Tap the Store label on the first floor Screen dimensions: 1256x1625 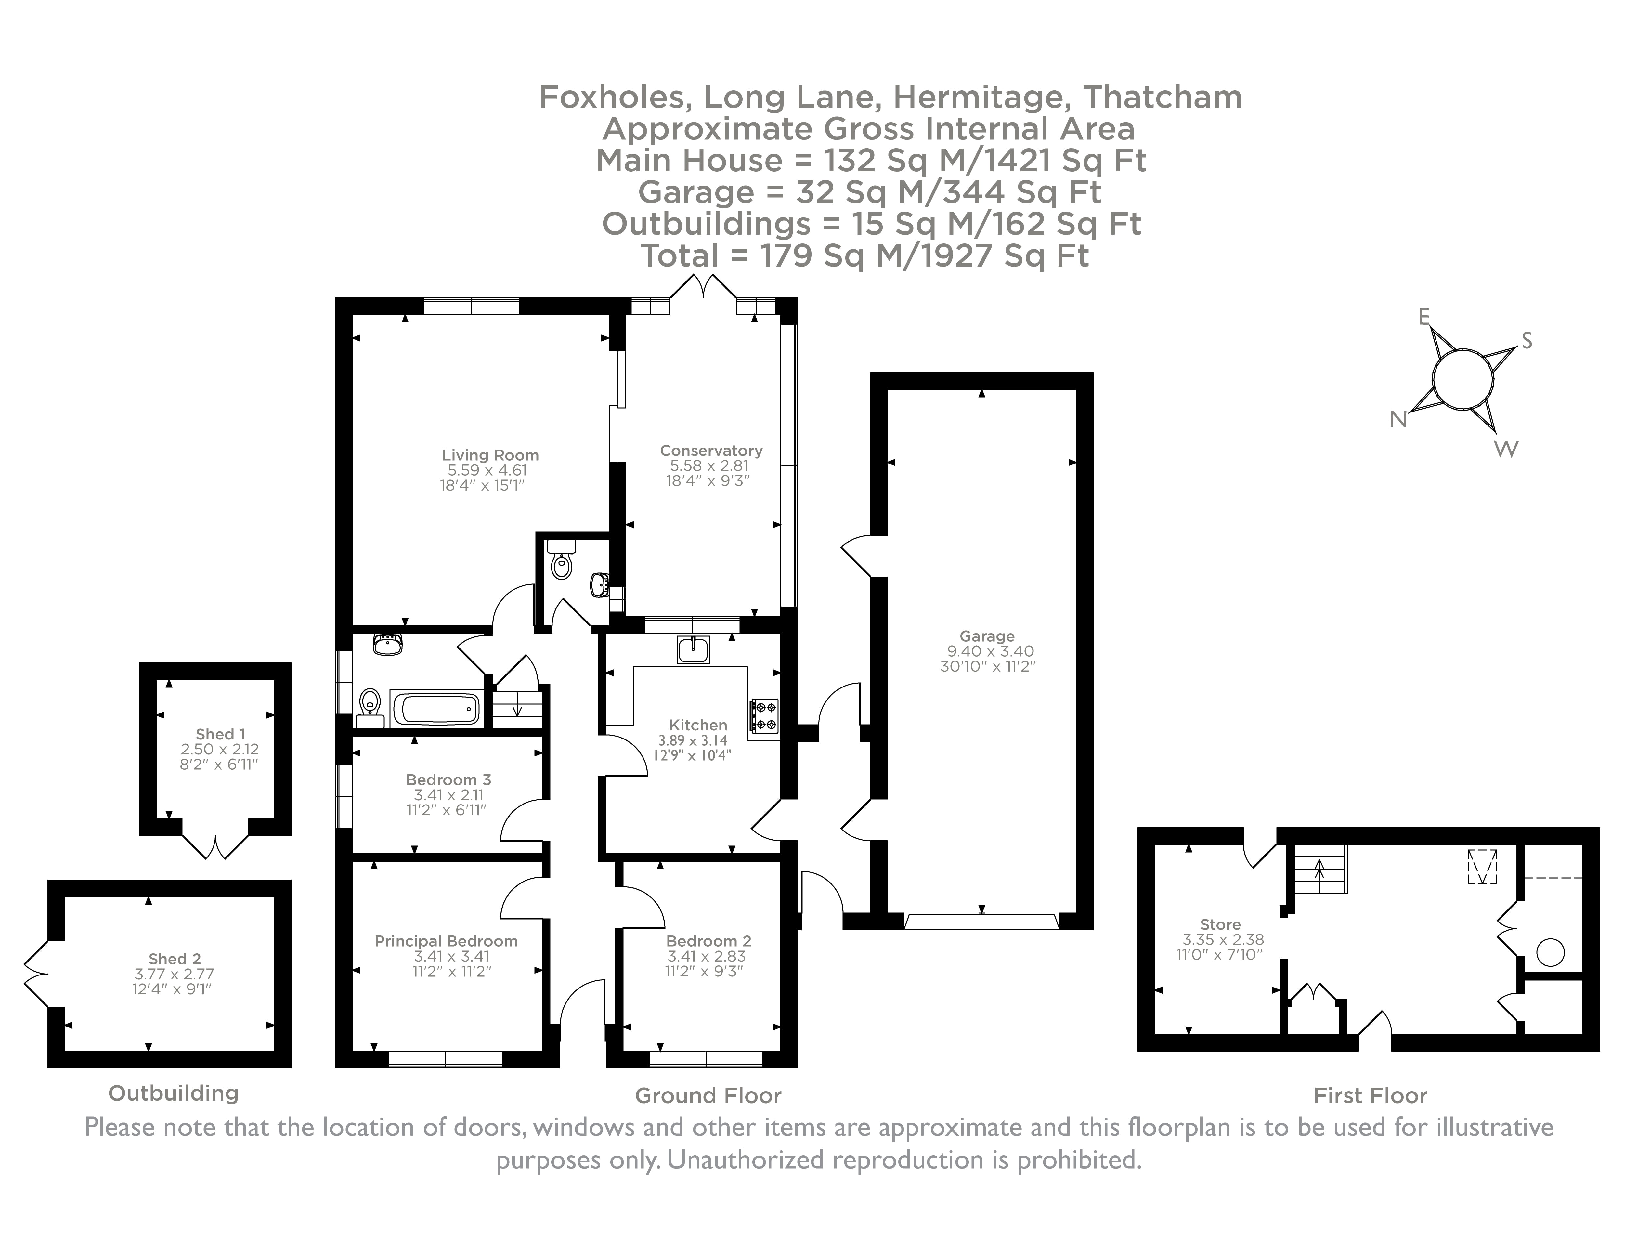click(x=1220, y=925)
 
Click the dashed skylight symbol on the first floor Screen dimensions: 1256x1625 click(x=1481, y=867)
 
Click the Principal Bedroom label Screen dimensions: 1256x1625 click(x=446, y=941)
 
